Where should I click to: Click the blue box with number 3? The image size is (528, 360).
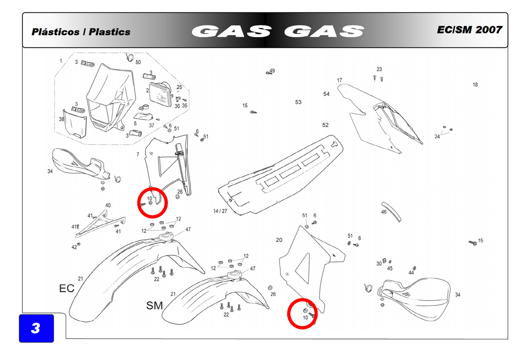coord(37,328)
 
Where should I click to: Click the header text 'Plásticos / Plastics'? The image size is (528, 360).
coord(81,32)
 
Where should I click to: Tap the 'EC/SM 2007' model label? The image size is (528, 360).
coord(469,30)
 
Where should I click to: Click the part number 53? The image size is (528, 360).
coord(298,102)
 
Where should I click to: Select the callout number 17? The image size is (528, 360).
coord(339,80)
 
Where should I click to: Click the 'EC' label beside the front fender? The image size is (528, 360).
coord(67,288)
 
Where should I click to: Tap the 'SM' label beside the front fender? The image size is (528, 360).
coord(154,306)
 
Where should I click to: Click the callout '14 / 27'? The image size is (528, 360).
coord(220,211)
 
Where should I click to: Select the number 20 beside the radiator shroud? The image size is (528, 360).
coord(279,240)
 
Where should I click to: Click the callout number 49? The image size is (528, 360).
coord(272,71)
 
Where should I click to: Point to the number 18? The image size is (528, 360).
coord(475,85)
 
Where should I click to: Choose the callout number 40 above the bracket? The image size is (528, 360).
coord(108,205)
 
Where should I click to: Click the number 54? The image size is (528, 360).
coord(326,94)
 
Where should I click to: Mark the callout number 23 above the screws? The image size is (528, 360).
coord(379,69)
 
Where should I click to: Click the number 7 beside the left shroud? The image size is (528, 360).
coord(138,154)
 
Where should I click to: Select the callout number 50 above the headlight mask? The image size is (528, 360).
coord(138,62)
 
